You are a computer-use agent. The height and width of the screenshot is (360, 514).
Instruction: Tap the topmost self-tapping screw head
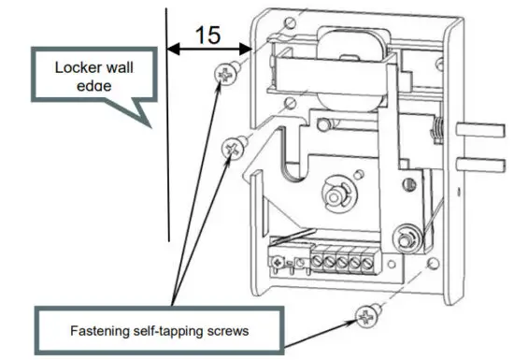tap(226, 73)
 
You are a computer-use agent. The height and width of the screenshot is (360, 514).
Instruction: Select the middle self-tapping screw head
tap(234, 146)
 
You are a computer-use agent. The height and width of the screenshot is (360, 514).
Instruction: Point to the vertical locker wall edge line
tap(167, 140)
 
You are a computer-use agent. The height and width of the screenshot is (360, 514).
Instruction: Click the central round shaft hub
tap(335, 196)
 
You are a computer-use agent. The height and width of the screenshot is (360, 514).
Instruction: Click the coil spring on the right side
tap(435, 134)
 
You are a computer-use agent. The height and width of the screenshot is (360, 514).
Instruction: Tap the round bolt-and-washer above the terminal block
tap(405, 235)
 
